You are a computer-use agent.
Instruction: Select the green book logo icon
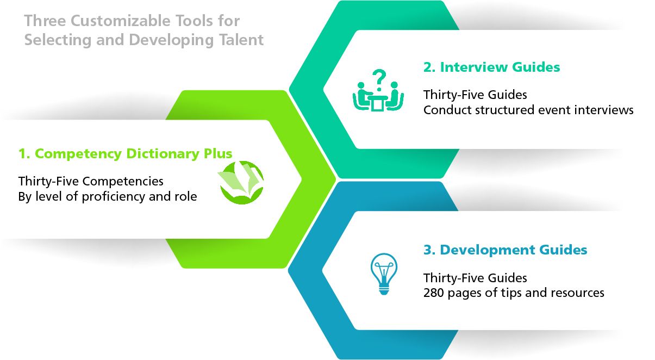point(241,183)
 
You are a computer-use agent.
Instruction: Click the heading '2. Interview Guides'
point(491,67)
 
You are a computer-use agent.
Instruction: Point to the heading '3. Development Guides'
point(505,250)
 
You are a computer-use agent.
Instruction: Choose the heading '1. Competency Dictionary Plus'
point(125,154)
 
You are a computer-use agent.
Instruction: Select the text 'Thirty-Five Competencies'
point(91,181)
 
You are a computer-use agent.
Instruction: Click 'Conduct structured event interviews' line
point(528,110)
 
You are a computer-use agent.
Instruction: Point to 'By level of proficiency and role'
point(108,196)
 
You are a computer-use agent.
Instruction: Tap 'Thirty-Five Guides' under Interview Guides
point(475,95)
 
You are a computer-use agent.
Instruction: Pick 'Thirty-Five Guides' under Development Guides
point(475,278)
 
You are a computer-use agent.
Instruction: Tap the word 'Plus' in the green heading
point(218,154)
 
